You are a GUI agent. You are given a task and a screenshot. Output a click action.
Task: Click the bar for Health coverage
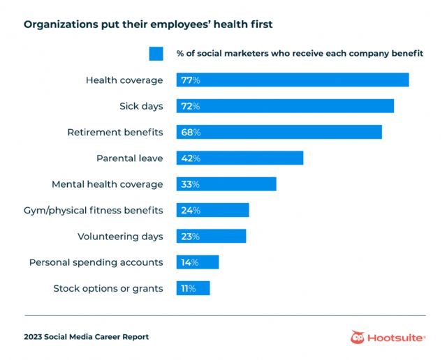coord(293,80)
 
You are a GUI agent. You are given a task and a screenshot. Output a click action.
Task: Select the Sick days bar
coord(286,106)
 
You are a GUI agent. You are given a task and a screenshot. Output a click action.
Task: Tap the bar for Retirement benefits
coord(279,132)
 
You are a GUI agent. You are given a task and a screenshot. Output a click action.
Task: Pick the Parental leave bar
coord(240,158)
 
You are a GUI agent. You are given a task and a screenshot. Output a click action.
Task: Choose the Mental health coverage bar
coord(227,184)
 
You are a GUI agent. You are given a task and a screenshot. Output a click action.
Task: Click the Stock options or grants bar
coord(193,288)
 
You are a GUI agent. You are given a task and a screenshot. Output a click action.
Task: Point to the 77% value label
coord(191,80)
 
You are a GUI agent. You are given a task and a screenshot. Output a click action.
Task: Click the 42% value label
coord(191,158)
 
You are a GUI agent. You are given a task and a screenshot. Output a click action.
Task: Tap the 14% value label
coord(190,262)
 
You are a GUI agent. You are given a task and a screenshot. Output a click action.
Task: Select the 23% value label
coord(190,237)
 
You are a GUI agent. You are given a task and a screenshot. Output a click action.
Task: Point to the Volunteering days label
coord(120,237)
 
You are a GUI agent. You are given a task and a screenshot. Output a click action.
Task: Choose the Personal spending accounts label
coord(96,262)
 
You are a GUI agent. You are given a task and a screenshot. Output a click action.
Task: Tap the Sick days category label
coord(141,106)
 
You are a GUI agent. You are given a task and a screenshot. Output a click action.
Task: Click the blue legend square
coord(156,54)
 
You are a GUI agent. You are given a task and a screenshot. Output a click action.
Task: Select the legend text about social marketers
coord(300,54)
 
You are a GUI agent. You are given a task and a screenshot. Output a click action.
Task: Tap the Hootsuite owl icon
coord(358,337)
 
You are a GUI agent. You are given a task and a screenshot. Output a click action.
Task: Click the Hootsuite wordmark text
coord(395,338)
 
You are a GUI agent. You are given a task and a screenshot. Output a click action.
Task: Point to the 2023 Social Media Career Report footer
coord(87,337)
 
